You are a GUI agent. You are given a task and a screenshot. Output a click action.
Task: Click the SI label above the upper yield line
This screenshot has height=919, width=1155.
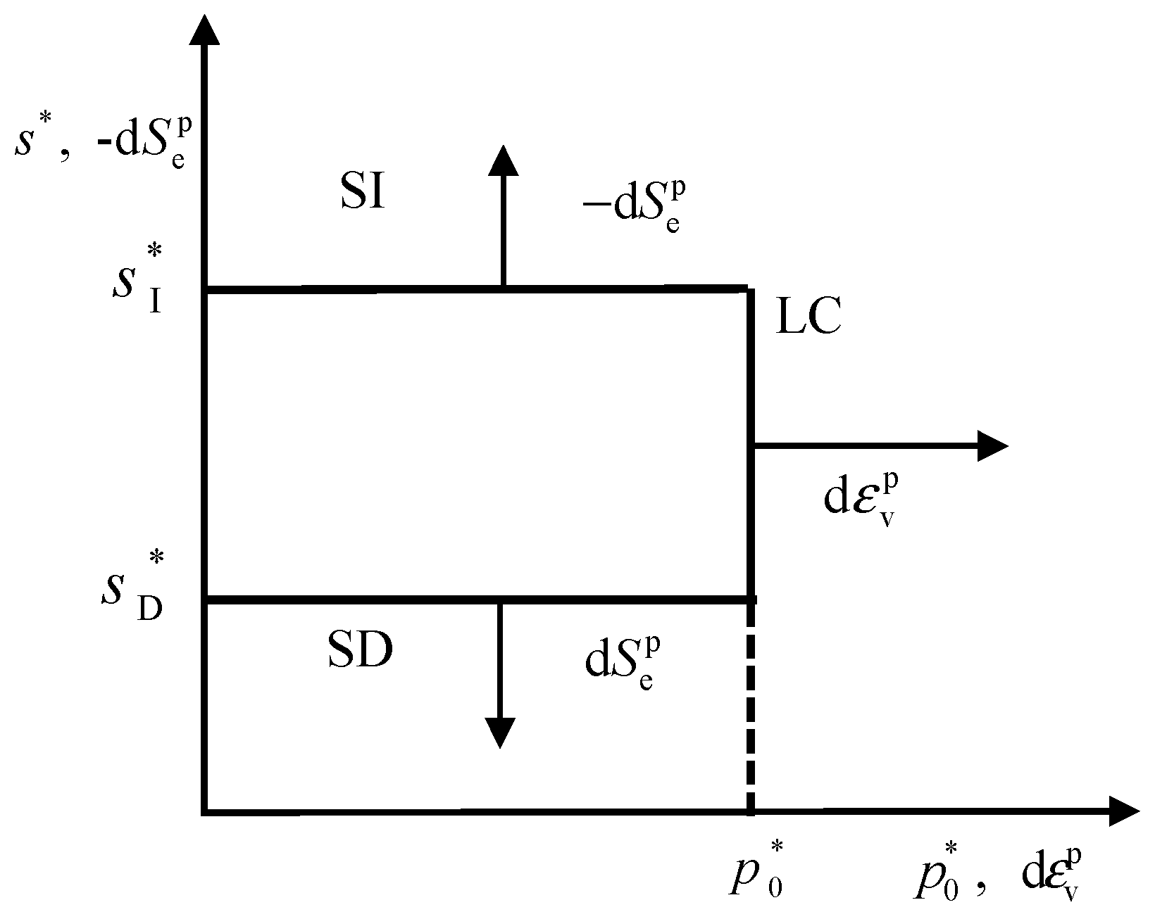[363, 194]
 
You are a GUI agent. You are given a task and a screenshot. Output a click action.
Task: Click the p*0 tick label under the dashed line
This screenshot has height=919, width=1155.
[757, 873]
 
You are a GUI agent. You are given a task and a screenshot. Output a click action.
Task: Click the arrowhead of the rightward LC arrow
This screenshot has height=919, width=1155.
[993, 445]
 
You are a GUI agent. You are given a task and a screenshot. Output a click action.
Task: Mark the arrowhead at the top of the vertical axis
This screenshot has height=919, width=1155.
[205, 28]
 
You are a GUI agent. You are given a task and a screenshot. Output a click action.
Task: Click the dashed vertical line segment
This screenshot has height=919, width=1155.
[751, 707]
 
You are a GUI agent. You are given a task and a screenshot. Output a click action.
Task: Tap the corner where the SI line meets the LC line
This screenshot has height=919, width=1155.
[749, 289]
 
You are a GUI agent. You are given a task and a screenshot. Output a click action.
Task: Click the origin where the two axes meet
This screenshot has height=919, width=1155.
[205, 811]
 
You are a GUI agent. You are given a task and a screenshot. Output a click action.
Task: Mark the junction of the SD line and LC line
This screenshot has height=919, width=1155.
[751, 599]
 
